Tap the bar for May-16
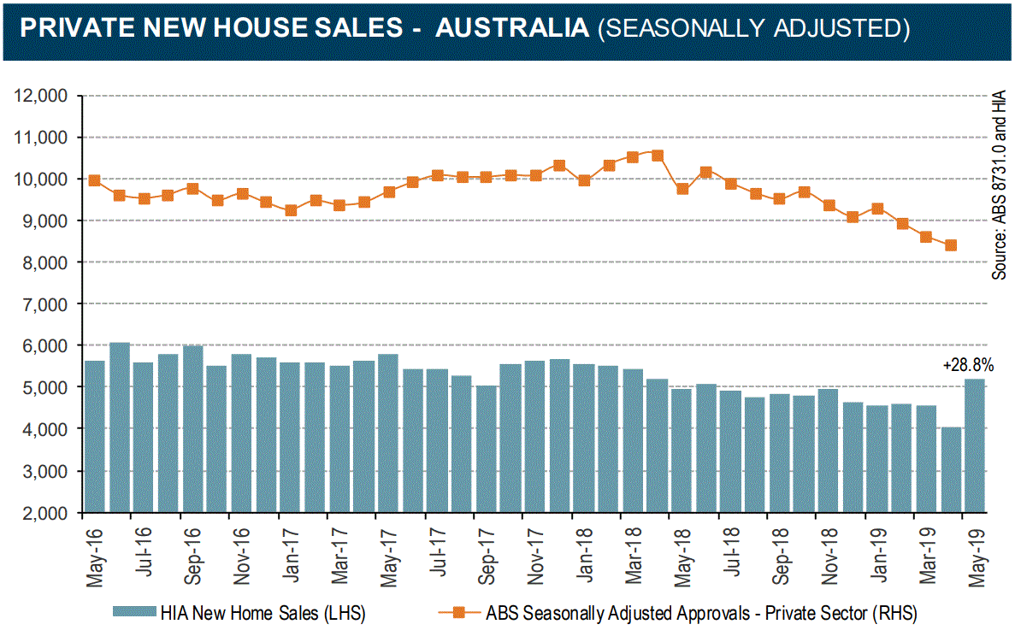coord(95,437)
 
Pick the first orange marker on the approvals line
coord(95,180)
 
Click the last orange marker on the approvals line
coord(950,245)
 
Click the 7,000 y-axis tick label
coord(45,304)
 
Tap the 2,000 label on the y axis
coord(45,513)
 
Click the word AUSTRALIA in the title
coord(511,27)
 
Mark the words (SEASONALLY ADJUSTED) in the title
coord(752,27)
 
